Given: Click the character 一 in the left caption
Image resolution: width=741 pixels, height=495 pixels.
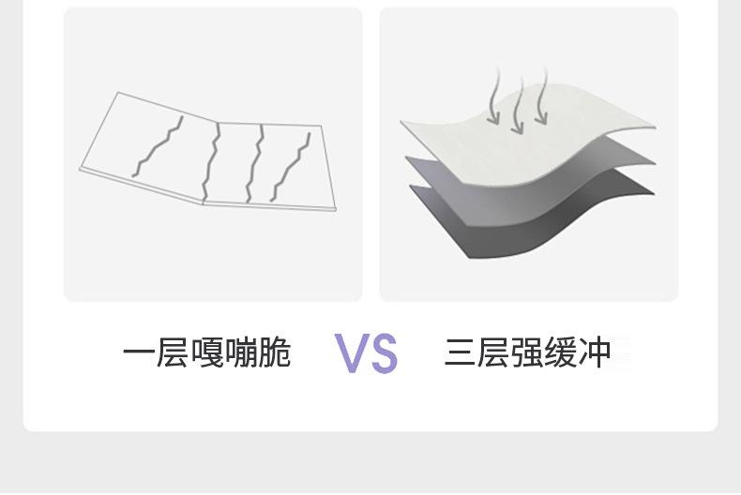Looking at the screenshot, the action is [138, 353].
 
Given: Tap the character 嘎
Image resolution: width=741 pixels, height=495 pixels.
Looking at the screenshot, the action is [206, 353].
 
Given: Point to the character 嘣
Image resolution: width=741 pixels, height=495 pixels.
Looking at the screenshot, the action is [241, 353].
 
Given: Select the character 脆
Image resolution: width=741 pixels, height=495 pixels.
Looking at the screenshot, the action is [275, 353].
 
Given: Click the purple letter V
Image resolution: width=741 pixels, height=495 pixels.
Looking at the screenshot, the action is [351, 353].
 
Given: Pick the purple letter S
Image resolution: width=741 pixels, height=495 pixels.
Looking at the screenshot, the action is [383, 353].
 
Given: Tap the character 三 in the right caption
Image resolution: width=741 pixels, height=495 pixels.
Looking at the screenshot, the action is [460, 353].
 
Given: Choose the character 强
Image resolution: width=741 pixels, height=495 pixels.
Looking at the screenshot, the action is [527, 353].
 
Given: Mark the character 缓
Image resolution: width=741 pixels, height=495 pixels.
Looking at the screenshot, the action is [561, 353].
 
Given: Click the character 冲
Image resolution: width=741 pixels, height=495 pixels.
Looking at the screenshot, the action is [595, 353].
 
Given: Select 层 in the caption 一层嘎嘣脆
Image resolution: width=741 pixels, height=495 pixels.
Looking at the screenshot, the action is [173, 353].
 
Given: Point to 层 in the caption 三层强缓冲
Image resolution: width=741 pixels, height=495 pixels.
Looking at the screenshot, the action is [493, 353].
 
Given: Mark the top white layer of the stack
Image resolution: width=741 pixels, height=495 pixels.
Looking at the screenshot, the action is [525, 141].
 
